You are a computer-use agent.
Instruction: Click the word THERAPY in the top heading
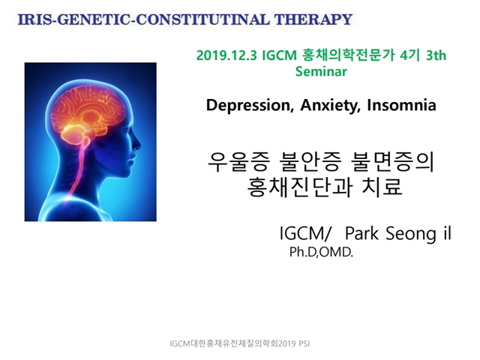click(313, 19)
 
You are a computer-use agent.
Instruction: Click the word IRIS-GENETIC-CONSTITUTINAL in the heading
click(143, 19)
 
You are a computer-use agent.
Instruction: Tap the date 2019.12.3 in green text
click(226, 55)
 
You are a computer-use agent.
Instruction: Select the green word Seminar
click(321, 71)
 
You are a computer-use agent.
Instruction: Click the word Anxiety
click(330, 106)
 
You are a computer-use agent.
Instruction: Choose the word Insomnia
click(401, 105)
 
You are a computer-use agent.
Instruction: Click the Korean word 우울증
click(239, 162)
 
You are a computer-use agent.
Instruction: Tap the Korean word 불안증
click(310, 162)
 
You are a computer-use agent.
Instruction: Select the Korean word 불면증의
click(393, 162)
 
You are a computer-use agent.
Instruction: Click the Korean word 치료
click(382, 187)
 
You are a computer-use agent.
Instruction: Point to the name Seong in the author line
click(410, 234)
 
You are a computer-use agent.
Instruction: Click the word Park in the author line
click(361, 233)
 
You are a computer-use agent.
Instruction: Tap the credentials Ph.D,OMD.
click(321, 252)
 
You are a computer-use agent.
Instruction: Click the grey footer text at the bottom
click(240, 343)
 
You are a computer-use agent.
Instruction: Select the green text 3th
click(436, 55)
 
